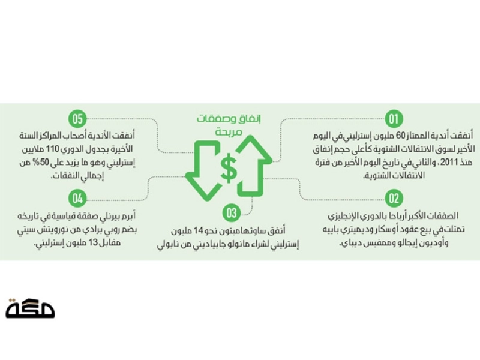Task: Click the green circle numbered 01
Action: tap(394, 119)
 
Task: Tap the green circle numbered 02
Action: tap(394, 199)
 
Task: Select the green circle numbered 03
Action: tap(232, 213)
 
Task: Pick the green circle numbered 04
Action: tap(77, 199)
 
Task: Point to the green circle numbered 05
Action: tap(77, 119)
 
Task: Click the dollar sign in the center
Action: tap(229, 168)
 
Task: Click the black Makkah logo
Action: tap(30, 308)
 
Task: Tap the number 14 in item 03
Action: tap(199, 230)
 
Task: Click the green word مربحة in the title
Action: tap(229, 131)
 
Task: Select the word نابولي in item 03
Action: tap(169, 245)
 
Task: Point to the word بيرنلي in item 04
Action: tap(110, 217)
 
